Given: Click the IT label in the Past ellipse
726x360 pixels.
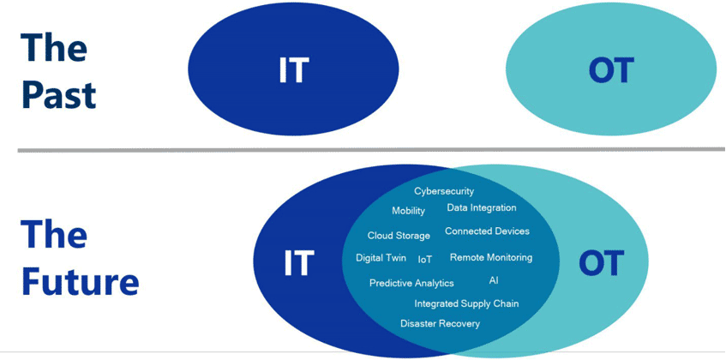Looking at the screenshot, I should click(x=292, y=71).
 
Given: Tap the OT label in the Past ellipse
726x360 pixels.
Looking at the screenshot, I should click(x=610, y=71).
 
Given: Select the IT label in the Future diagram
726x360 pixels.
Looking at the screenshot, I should click(x=298, y=261).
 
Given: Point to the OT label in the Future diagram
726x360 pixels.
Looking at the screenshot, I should click(x=600, y=262).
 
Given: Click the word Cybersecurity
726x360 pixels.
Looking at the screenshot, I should click(x=444, y=191).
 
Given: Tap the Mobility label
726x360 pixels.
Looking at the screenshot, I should click(x=408, y=211).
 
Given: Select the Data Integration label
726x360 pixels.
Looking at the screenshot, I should click(x=482, y=207).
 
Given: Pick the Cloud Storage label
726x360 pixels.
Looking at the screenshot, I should click(x=399, y=236).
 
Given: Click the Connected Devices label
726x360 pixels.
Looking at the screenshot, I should click(x=487, y=231).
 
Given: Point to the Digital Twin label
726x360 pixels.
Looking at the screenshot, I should click(x=381, y=258).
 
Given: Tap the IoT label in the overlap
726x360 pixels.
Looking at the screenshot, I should click(x=425, y=259).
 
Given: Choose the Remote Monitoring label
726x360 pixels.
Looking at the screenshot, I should click(x=491, y=257).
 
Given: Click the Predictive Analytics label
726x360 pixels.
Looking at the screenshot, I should click(x=411, y=283).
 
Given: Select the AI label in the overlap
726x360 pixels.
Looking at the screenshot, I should click(x=494, y=280).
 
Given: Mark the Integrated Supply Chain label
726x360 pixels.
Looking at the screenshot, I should click(x=466, y=303).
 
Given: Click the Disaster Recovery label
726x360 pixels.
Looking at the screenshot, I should click(x=440, y=324).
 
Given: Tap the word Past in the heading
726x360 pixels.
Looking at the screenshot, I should click(x=58, y=95).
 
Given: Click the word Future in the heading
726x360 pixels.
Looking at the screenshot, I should click(x=79, y=282).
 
